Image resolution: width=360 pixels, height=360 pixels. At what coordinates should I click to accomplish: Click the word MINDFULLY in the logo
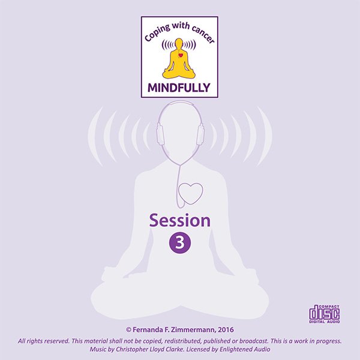[179, 89]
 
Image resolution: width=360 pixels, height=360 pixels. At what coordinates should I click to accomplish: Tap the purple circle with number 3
[179, 242]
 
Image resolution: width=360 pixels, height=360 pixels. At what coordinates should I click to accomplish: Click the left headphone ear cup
[160, 135]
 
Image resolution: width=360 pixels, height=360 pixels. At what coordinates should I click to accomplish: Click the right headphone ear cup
[200, 135]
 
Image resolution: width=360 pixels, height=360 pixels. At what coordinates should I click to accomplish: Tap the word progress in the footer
[327, 341]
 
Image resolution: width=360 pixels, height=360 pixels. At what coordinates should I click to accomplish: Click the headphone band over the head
[180, 105]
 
